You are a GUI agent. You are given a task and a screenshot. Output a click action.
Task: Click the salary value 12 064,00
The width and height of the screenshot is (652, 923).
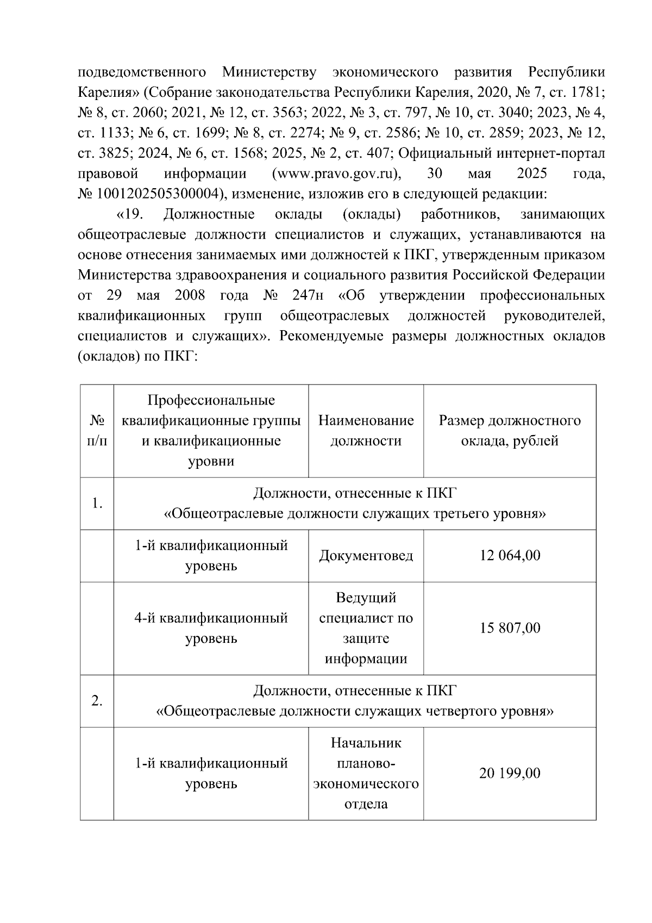click(510, 555)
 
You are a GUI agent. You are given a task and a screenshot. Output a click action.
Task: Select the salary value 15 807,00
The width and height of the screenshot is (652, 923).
click(510, 628)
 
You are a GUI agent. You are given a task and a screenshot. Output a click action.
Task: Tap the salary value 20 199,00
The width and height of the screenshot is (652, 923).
click(510, 773)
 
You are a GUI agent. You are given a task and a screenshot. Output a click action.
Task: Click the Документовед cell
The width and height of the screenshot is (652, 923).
click(366, 555)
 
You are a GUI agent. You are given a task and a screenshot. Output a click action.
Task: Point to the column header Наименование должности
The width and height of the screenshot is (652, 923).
click(366, 430)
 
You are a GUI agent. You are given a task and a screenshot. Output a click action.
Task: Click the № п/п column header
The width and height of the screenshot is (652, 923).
click(97, 430)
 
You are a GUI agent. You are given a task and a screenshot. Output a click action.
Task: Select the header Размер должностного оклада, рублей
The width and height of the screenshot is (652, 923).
click(510, 430)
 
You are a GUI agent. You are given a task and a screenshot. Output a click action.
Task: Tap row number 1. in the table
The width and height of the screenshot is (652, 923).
click(97, 504)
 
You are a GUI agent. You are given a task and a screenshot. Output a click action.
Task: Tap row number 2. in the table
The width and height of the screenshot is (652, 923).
click(97, 701)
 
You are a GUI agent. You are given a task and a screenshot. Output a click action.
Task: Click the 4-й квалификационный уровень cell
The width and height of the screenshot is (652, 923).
click(211, 628)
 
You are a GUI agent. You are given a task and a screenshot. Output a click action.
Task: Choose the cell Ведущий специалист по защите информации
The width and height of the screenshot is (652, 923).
click(366, 628)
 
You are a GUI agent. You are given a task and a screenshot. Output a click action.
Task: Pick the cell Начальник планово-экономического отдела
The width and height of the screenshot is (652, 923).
click(366, 773)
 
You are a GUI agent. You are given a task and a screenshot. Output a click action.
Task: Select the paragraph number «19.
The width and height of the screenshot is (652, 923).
click(130, 214)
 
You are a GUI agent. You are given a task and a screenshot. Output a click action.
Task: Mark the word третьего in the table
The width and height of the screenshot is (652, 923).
click(454, 514)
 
